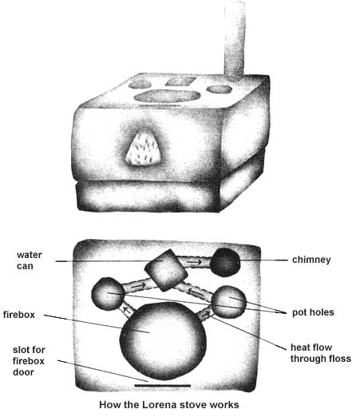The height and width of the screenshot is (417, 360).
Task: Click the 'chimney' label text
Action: [311, 260]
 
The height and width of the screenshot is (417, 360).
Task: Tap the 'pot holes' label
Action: [313, 312]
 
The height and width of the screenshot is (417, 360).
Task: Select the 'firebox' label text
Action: [19, 315]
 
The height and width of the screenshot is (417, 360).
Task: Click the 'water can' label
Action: [30, 260]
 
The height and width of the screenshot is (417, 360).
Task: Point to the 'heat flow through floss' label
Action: [321, 353]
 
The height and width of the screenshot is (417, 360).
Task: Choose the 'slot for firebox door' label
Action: [29, 361]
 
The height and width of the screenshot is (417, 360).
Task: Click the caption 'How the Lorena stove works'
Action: [169, 405]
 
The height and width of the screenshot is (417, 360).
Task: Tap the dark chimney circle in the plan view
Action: [225, 262]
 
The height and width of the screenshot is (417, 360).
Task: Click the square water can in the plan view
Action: [166, 270]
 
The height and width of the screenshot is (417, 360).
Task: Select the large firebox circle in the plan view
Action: [163, 341]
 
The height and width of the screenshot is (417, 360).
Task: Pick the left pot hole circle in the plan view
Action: [108, 294]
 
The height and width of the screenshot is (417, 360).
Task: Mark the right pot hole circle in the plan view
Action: [229, 302]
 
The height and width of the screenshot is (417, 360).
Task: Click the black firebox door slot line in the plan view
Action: [163, 385]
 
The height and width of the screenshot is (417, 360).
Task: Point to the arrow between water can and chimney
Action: [195, 262]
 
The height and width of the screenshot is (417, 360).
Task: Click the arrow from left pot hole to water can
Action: [139, 286]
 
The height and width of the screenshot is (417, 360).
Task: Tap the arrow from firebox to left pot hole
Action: [127, 311]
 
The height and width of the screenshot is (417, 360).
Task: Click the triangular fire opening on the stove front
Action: [144, 149]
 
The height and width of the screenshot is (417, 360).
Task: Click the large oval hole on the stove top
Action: [167, 96]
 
